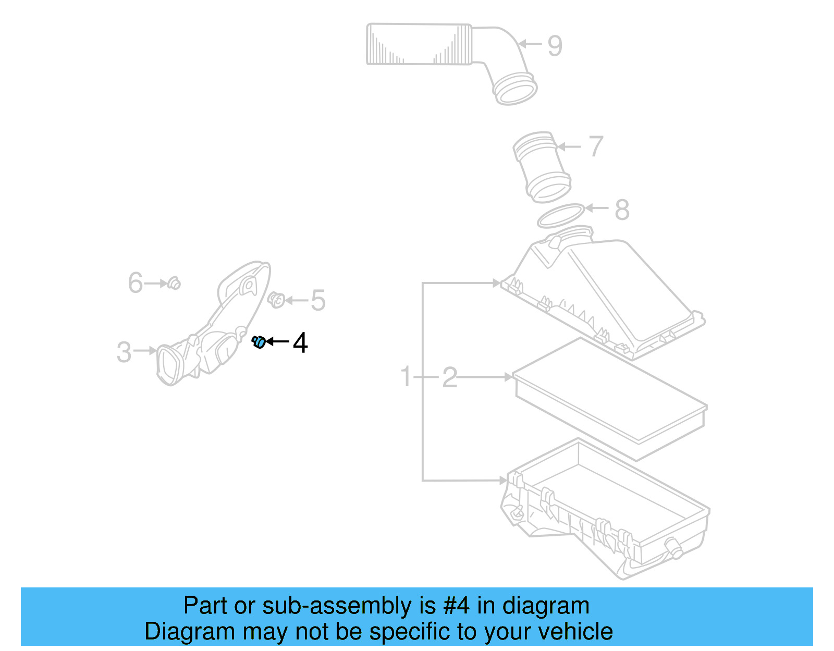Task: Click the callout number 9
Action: click(555, 46)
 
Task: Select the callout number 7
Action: click(596, 146)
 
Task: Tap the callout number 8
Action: click(622, 210)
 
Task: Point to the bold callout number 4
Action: click(300, 343)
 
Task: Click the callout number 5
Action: click(318, 301)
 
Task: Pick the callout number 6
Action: click(136, 283)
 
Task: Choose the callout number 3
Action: click(124, 352)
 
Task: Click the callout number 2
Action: click(449, 377)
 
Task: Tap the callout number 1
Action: click(406, 377)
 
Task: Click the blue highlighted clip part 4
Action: click(259, 342)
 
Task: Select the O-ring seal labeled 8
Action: click(560, 216)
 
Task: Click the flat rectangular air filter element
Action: click(610, 399)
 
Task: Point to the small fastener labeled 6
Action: click(175, 283)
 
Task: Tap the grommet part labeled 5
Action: click(276, 300)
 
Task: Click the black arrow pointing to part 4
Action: click(277, 342)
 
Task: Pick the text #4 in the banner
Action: click(456, 606)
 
